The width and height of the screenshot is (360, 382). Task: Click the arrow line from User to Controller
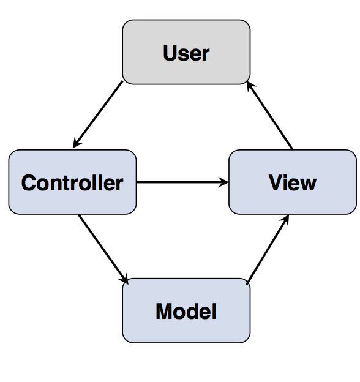click(98, 114)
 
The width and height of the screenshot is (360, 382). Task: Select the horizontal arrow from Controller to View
click(181, 182)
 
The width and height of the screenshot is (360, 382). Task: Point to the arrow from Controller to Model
click(103, 248)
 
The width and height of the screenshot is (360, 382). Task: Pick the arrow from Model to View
click(267, 250)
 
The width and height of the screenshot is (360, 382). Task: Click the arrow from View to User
click(271, 116)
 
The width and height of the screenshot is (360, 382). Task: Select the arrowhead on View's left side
click(224, 182)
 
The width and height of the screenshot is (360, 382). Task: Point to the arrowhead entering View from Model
click(285, 219)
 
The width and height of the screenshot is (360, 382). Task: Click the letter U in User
click(170, 53)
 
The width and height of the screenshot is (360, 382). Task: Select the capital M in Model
click(165, 312)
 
